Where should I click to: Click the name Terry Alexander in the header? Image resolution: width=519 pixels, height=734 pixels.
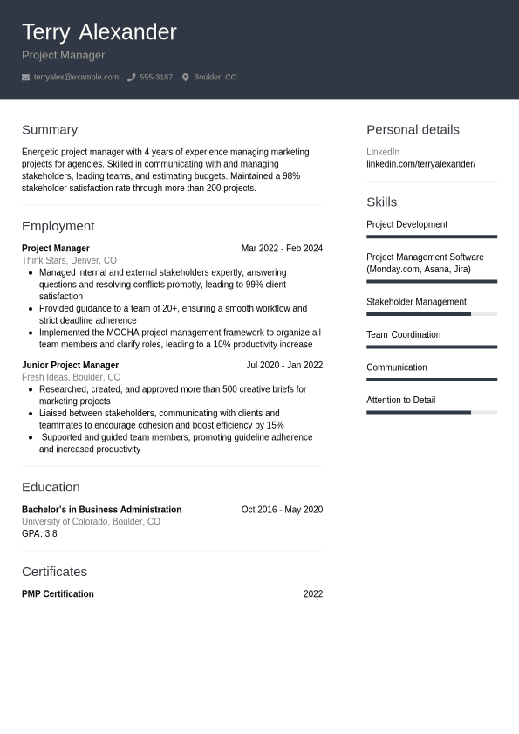tap(99, 32)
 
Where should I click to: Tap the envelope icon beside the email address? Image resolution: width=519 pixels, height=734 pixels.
tap(25, 78)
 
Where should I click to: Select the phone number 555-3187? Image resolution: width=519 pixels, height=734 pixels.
tap(155, 78)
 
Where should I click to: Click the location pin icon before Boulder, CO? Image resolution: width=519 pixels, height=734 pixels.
tap(185, 78)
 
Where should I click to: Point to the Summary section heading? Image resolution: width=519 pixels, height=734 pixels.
tap(50, 129)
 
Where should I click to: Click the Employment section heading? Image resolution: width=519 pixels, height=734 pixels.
tap(58, 226)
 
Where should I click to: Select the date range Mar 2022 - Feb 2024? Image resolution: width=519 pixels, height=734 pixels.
tap(282, 249)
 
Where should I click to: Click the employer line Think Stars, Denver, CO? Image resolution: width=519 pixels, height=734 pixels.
tap(69, 260)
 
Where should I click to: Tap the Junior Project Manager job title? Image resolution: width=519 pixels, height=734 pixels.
tap(70, 366)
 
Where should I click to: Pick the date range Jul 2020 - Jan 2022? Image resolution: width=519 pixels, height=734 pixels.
tap(283, 366)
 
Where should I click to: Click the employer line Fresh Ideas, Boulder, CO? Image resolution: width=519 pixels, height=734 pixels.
tap(71, 377)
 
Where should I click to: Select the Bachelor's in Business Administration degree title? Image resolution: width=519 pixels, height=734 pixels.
tap(101, 510)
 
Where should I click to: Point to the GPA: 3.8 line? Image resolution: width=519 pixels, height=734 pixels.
tap(39, 533)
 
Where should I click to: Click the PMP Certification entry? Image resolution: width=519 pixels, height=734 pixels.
tap(58, 594)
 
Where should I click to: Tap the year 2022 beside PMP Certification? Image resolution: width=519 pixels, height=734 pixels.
tap(312, 594)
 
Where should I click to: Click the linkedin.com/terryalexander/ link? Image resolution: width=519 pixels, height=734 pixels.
tap(420, 164)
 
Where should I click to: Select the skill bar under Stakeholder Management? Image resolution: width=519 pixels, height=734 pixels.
tap(431, 314)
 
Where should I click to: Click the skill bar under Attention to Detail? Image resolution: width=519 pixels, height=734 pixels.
tap(431, 412)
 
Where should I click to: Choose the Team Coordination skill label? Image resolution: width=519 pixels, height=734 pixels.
tap(403, 335)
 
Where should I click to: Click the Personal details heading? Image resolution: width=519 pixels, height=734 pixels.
tap(413, 129)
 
